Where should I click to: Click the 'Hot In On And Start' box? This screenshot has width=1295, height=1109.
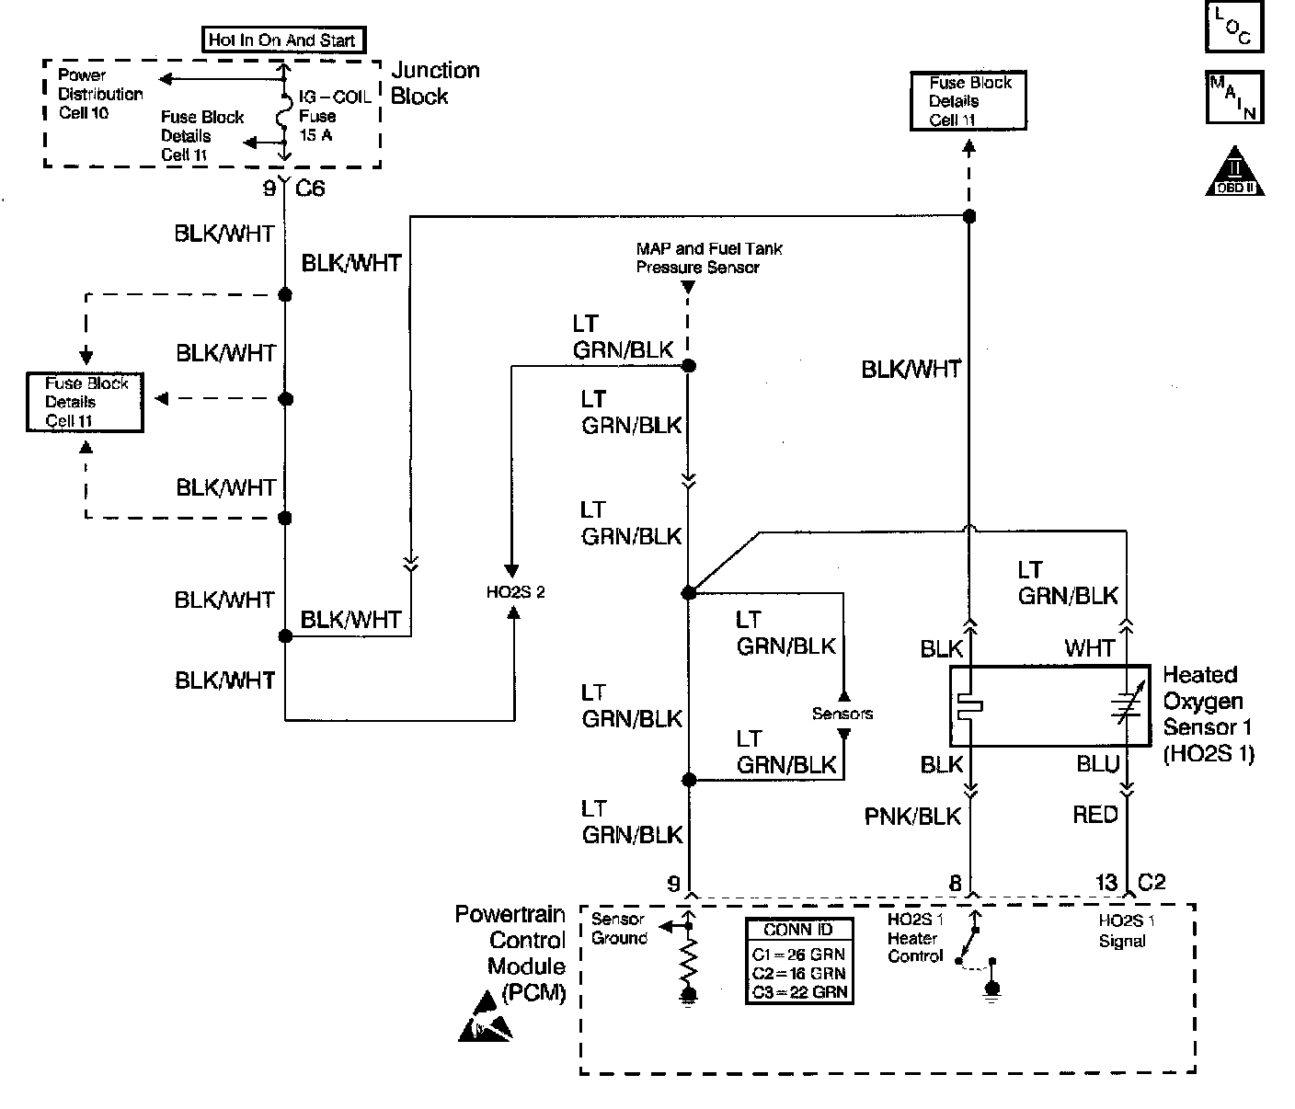283,40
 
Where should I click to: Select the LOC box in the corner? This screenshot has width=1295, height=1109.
1233,27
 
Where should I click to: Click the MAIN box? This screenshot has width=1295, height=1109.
1234,97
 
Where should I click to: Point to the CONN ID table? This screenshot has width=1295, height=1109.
799,962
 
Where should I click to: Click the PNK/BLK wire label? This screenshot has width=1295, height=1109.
912,817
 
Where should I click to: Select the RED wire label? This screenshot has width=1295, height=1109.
1095,815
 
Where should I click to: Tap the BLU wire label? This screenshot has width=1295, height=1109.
1097,764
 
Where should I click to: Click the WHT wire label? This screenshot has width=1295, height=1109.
1090,648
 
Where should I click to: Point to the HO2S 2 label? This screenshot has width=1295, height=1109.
516,592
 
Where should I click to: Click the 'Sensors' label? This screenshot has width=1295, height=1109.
842,714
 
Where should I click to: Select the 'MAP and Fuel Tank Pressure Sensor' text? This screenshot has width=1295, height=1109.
709,258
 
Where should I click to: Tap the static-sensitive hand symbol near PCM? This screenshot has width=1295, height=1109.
485,1017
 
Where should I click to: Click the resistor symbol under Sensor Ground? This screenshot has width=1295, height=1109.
689,958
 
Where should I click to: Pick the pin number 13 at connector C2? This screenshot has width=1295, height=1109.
1106,883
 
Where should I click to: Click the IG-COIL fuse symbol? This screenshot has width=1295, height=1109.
282,118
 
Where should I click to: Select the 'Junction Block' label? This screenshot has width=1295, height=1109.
435,84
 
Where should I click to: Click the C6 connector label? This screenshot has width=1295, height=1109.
310,188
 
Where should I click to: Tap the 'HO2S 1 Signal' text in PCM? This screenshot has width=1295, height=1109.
1126,931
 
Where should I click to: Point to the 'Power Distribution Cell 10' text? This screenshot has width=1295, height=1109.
100,94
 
